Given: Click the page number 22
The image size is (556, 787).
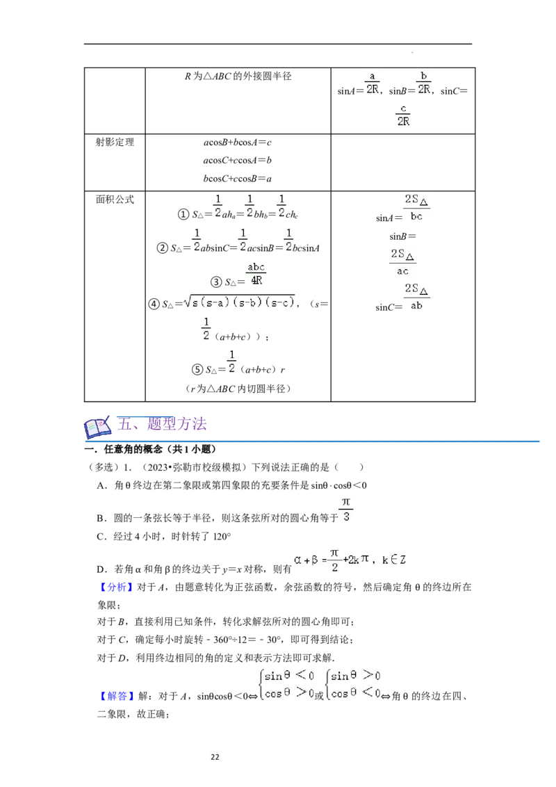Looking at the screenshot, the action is tap(215, 757).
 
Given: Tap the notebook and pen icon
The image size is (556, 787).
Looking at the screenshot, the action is tap(97, 427).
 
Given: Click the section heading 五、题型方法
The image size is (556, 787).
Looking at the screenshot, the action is tap(161, 424).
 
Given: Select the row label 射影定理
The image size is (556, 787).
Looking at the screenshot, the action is tap(115, 142).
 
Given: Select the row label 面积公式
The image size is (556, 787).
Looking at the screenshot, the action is tap(115, 200).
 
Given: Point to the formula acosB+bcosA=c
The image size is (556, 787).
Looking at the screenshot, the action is tap(238, 143).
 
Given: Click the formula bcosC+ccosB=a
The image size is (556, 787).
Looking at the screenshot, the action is tap(238, 179).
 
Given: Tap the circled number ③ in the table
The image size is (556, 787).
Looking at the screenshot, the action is tap(215, 282).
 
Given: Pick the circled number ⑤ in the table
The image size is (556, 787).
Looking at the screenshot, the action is tap(197, 369).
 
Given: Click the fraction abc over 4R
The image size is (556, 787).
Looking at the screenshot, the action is tap(256, 273).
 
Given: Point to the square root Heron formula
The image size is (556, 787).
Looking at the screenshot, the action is tap(239, 302).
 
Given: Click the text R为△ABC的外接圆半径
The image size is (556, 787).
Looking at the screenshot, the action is tap(238, 76).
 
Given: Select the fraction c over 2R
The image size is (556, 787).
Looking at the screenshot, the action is tap(404, 115).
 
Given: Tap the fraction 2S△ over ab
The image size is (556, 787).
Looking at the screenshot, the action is tap(416, 297).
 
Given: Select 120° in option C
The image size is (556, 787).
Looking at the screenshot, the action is tap(222, 537).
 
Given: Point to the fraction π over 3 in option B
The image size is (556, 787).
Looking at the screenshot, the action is tap(346, 509).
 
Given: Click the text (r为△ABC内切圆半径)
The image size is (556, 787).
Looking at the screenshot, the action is tap(238, 389).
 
